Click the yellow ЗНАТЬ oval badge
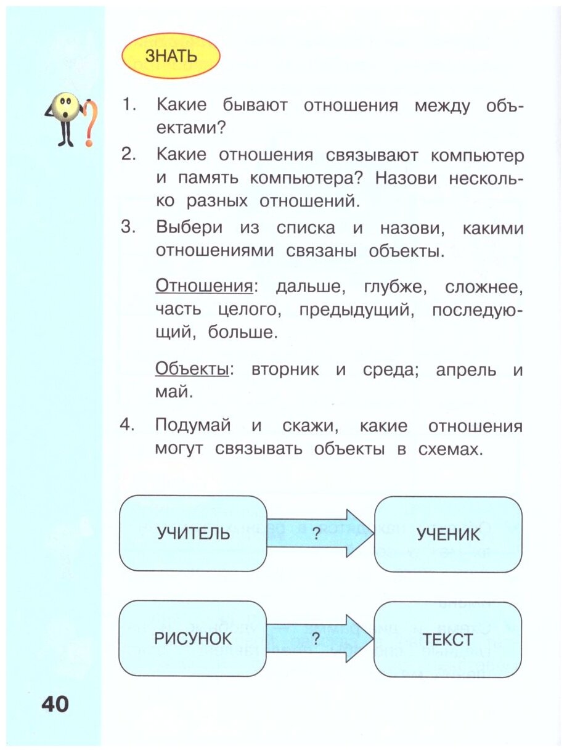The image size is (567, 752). click(171, 56)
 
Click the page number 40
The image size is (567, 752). click(55, 704)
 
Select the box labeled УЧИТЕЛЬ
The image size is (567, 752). click(193, 533)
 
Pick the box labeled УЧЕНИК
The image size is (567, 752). click(448, 534)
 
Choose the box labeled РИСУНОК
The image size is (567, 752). click(193, 639)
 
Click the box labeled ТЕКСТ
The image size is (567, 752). click(447, 639)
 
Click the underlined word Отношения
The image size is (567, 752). click(203, 287)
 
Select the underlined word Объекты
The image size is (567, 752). click(192, 370)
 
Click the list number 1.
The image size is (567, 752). click(128, 105)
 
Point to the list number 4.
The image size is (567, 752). click(128, 426)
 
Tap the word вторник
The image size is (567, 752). click(285, 370)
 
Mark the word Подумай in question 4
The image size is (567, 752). click(193, 426)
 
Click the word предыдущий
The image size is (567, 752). click(355, 310)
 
